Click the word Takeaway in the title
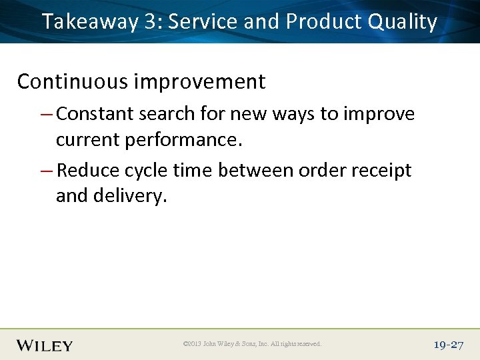pos(89,22)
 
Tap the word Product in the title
pos(323,22)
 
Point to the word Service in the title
pos(202,22)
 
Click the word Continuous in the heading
pos(72,81)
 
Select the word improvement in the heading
pos(199,81)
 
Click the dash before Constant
pos(47,115)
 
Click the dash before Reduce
pos(47,171)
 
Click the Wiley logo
pos(45,345)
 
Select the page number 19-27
pos(447,345)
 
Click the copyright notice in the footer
pos(251,345)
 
